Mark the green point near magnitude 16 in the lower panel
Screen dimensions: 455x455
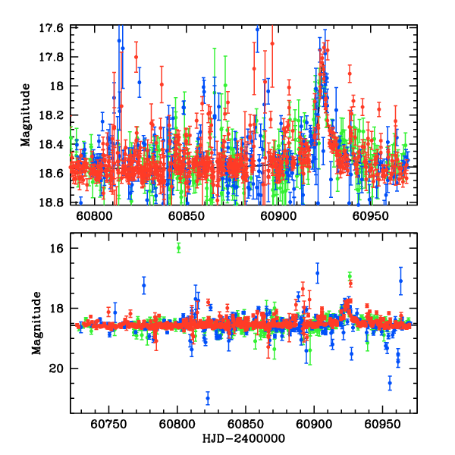click(x=178, y=247)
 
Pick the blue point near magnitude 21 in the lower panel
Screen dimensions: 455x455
click(x=208, y=398)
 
